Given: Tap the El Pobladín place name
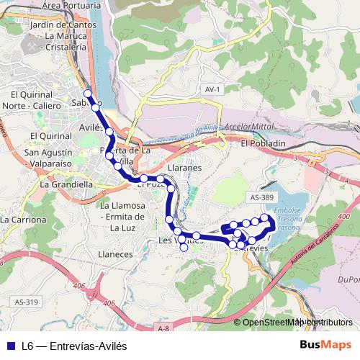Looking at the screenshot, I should tap(264, 143).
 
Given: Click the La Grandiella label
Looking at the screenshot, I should tap(67, 184).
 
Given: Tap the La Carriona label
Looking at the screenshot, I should tap(23, 220).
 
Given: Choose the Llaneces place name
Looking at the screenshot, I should tap(114, 253).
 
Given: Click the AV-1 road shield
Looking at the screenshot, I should tap(211, 89).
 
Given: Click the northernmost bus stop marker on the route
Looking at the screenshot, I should tap(88, 94).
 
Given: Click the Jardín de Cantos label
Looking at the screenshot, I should tap(64, 26).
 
